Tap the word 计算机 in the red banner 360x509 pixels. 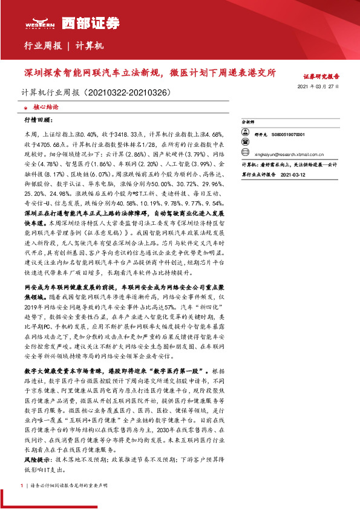91,46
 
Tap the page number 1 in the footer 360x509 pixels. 22,485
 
